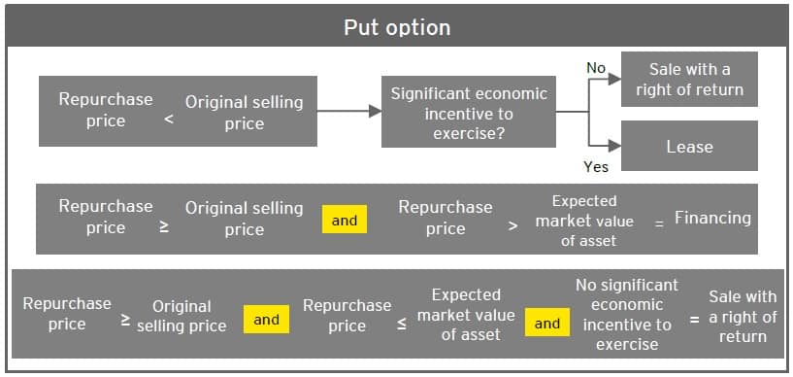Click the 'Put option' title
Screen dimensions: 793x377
coord(396,26)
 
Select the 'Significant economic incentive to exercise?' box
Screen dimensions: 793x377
coord(468,114)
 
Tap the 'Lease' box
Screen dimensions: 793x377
coord(688,147)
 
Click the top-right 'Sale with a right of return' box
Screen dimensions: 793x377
coord(688,80)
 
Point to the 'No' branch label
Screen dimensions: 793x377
coord(596,68)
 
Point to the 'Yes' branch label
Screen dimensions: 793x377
coord(596,166)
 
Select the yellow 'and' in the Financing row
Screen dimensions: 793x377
coord(345,221)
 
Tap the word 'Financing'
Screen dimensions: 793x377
coord(712,218)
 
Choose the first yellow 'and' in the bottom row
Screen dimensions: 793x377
coord(267,319)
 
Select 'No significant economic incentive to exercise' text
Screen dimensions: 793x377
coord(626,314)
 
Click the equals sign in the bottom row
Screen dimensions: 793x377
coord(694,320)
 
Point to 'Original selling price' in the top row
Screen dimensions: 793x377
coord(244,113)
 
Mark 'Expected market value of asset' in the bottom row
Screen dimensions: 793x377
coord(466,314)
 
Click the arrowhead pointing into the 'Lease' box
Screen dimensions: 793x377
coord(614,147)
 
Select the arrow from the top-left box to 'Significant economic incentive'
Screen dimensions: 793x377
coord(349,112)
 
